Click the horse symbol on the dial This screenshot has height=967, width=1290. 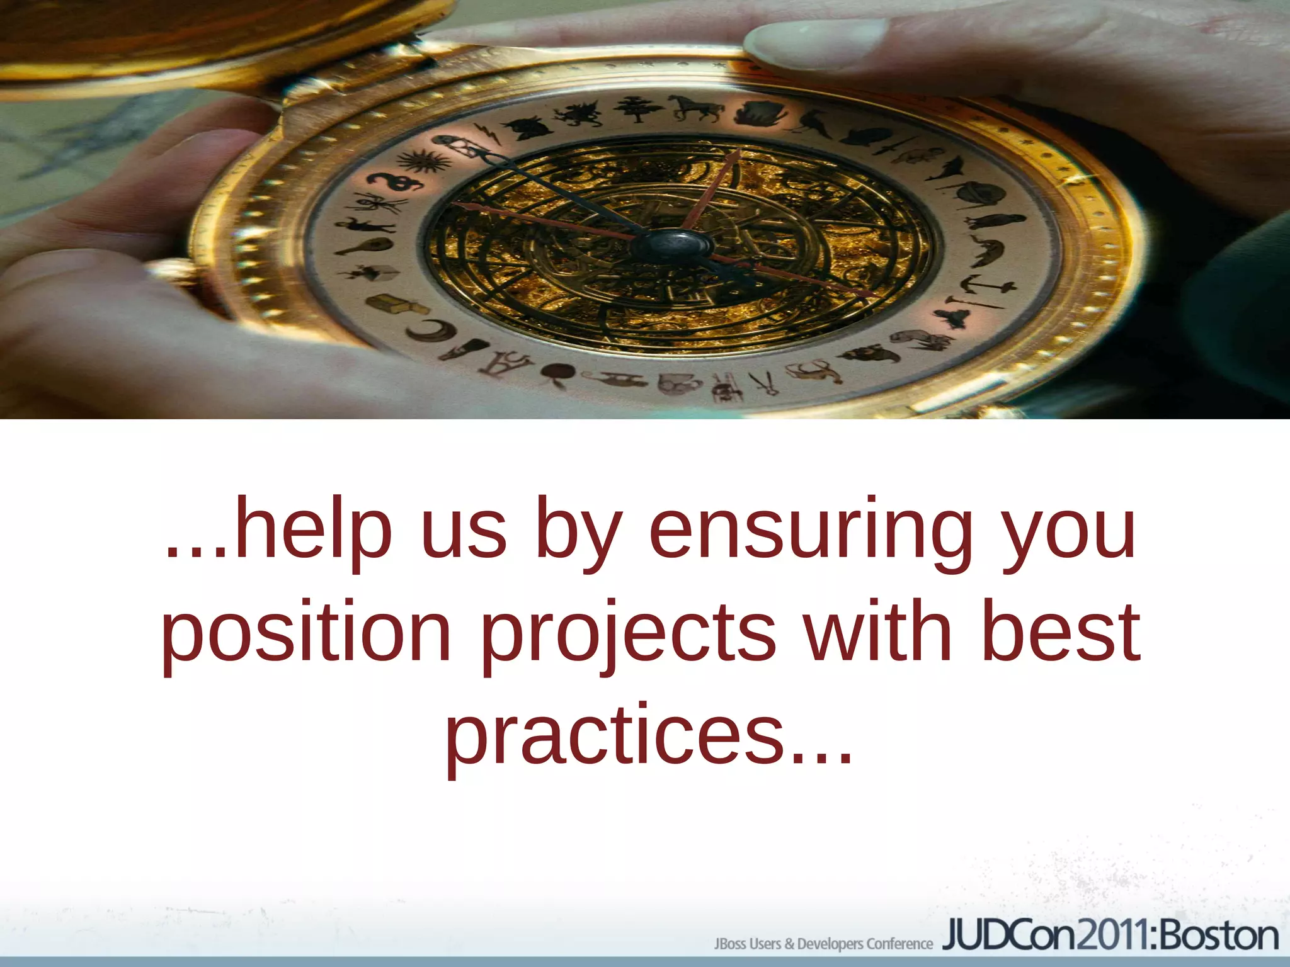697,108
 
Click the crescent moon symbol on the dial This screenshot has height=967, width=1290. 433,331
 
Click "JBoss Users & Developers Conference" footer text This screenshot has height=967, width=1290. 823,943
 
